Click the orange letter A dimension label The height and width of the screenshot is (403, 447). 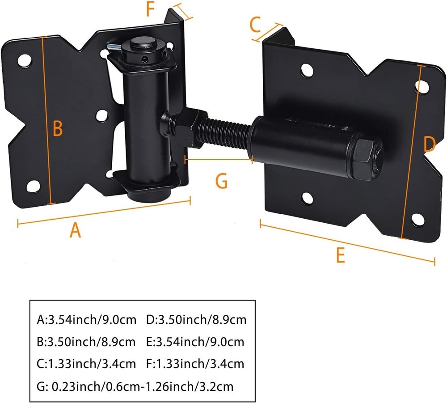pyautogui.click(x=76, y=230)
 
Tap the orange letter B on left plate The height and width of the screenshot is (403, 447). pyautogui.click(x=58, y=129)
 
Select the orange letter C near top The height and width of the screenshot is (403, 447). pyautogui.click(x=255, y=25)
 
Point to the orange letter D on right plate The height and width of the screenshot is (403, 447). pyautogui.click(x=429, y=144)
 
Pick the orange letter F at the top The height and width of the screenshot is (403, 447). pyautogui.click(x=151, y=9)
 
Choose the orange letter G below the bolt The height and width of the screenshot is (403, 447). pyautogui.click(x=221, y=181)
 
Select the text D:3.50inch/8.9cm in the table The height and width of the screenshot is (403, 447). pyautogui.click(x=196, y=320)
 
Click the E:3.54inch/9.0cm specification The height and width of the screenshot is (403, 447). pyautogui.click(x=195, y=342)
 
